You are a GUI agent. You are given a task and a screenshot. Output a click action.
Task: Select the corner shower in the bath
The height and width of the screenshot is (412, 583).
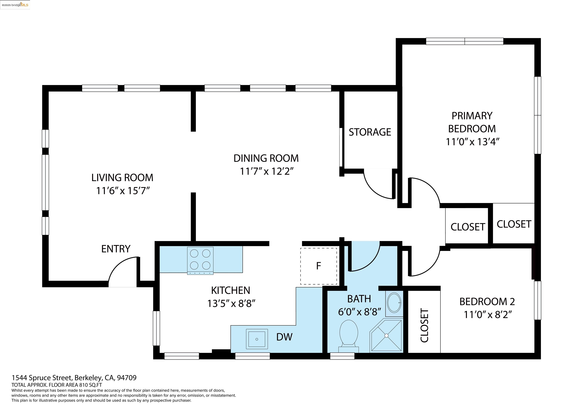[386, 335]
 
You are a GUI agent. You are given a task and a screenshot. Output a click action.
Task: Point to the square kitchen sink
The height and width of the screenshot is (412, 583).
[257, 339]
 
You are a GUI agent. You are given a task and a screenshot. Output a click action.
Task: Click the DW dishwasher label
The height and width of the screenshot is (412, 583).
[284, 337]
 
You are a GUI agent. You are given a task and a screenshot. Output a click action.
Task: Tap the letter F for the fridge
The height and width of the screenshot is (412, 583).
[318, 266]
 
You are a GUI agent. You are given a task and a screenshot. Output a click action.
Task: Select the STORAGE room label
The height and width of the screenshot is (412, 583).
[370, 132]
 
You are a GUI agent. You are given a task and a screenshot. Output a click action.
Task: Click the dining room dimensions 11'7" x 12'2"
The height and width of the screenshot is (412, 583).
[267, 171]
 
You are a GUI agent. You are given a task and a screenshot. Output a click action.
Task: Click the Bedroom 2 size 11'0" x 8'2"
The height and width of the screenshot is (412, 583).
[488, 315]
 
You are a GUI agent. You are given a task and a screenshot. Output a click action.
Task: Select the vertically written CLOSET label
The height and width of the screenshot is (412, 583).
[424, 326]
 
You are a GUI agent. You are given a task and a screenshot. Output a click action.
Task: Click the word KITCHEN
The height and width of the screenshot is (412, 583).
[231, 290]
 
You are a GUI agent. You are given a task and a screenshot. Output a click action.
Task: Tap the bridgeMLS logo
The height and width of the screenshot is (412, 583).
[15, 5]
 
